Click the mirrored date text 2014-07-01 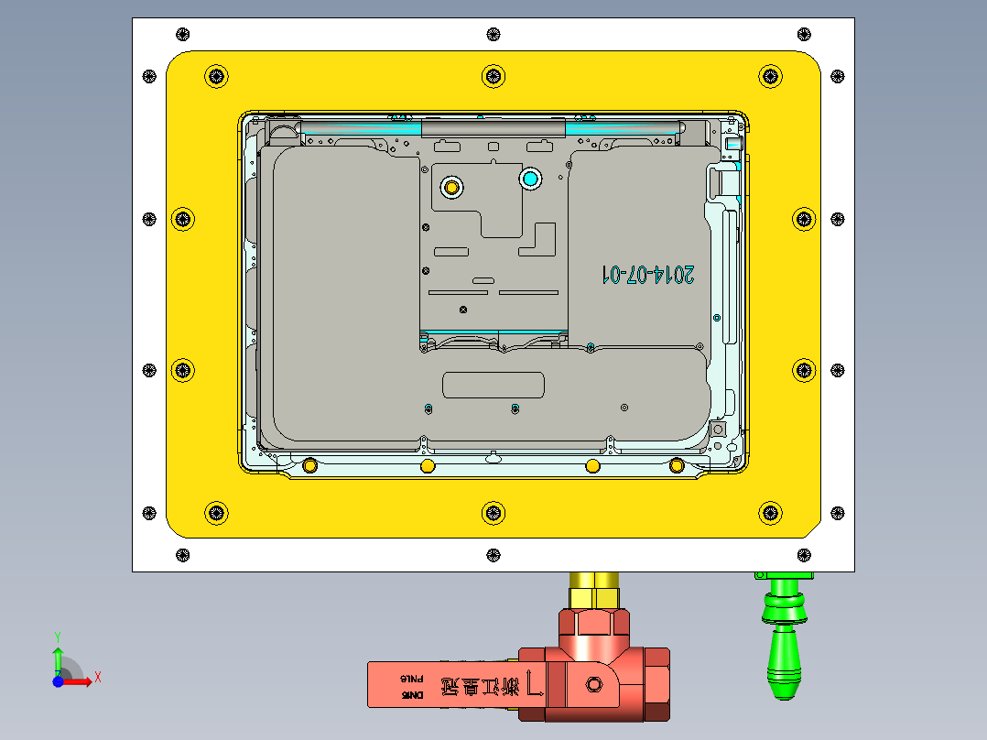point(647,274)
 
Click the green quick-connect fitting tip point(783,681)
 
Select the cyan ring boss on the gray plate point(530,178)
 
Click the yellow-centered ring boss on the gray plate point(450,187)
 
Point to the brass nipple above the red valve point(594,587)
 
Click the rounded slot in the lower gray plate point(493,385)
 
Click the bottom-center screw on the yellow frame point(493,512)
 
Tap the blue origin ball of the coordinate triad point(58,681)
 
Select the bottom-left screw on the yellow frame point(216,512)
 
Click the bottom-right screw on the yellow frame point(772,512)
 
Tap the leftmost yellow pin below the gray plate point(309,466)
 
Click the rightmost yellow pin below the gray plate point(677,466)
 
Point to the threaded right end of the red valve point(658,685)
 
